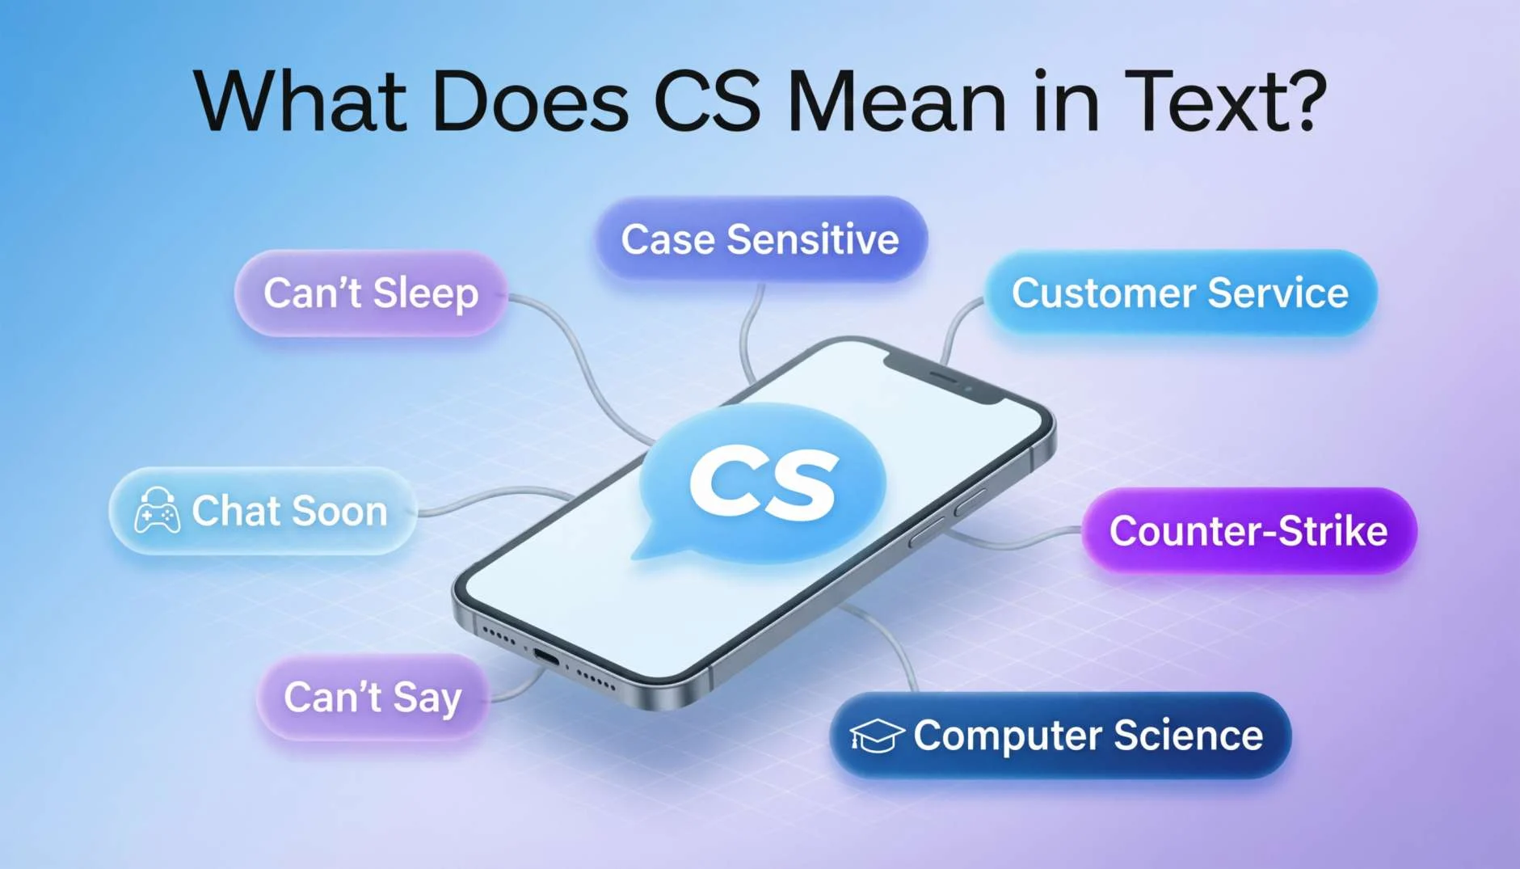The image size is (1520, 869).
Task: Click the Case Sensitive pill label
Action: [760, 239]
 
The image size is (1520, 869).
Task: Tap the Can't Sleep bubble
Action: [371, 293]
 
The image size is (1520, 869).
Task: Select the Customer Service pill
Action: [1181, 293]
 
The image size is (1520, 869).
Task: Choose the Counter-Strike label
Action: [1248, 531]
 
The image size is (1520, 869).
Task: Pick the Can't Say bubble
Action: [373, 697]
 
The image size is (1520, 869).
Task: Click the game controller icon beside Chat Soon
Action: [157, 511]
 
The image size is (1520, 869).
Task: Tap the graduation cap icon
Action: [876, 736]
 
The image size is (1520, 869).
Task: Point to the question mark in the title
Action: [1303, 100]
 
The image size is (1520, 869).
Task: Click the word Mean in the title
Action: [897, 102]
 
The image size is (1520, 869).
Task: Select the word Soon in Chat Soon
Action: [339, 512]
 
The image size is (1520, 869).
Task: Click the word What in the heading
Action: [300, 102]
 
